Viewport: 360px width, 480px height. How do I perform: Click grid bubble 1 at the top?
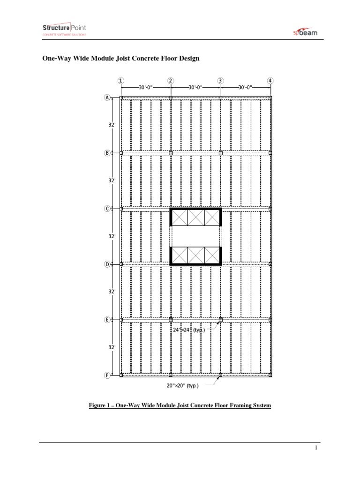121,80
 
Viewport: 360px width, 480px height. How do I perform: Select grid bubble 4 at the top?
270,80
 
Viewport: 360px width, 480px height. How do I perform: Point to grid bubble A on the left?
107,97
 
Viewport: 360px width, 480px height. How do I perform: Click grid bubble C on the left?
107,209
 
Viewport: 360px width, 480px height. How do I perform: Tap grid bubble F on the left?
107,375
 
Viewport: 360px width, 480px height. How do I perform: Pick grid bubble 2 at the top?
171,80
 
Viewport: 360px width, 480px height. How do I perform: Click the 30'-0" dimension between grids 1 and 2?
146,87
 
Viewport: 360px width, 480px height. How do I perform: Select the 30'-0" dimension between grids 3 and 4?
245,87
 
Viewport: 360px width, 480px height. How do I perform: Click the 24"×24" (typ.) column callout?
188,330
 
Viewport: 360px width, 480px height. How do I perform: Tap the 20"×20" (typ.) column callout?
182,386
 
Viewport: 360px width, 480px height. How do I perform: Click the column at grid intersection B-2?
171,153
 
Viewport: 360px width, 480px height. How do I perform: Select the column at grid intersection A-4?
270,97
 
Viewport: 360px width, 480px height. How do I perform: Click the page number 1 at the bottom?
316,448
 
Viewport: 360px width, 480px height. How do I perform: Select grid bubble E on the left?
107,320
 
